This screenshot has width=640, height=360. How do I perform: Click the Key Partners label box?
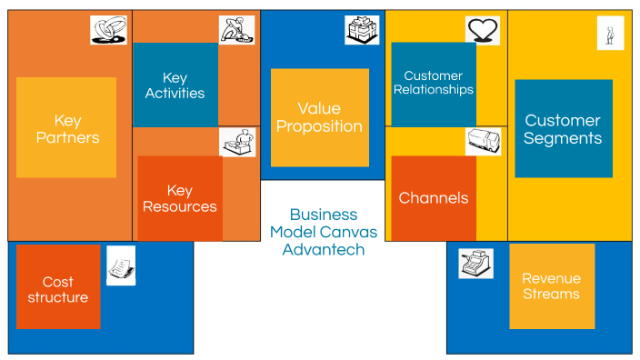tap(66, 127)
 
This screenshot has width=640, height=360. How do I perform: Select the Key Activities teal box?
tap(175, 85)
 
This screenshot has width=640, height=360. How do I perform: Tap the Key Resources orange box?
tap(180, 198)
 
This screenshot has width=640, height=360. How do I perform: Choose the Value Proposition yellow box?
tap(319, 118)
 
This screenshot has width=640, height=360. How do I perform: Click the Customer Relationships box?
tap(434, 84)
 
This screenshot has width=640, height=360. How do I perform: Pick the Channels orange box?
tap(434, 198)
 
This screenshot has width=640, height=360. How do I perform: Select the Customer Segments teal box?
tap(564, 129)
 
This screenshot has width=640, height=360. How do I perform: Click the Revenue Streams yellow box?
tap(552, 285)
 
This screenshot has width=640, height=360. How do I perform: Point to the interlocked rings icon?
tap(108, 29)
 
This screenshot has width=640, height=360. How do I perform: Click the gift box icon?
tap(362, 30)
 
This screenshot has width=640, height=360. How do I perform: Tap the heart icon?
tap(483, 30)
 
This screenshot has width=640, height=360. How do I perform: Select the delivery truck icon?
tap(483, 141)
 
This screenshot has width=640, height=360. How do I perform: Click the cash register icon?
tap(475, 264)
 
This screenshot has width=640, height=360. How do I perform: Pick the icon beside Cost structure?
tap(120, 265)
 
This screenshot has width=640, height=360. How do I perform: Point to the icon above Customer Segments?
tap(610, 33)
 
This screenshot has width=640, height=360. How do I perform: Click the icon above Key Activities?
tap(236, 29)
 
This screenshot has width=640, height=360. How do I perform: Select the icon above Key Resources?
tap(237, 142)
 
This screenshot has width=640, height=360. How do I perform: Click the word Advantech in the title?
tap(324, 249)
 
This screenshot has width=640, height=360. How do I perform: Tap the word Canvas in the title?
tap(349, 232)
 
